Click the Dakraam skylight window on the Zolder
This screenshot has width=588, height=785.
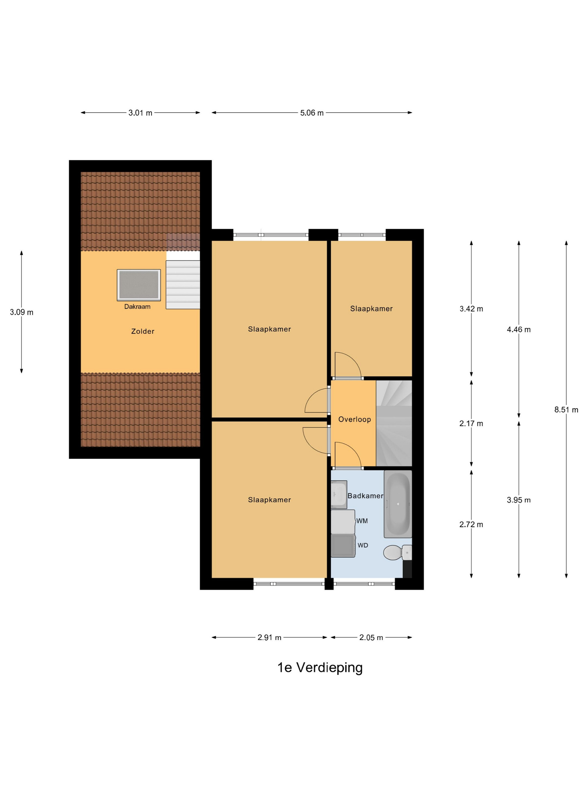point(139,285)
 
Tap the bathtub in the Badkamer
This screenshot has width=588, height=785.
point(398,504)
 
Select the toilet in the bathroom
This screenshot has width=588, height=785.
point(397,553)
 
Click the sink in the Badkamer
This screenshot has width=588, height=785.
point(339,494)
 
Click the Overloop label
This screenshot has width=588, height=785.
point(354,419)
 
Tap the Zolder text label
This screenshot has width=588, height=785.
point(143,331)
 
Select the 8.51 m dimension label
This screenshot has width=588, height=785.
point(566,410)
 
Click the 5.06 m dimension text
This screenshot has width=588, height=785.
point(312,113)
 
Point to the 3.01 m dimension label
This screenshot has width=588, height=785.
point(140,113)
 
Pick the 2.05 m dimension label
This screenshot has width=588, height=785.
point(371,637)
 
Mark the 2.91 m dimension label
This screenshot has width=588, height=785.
point(269,637)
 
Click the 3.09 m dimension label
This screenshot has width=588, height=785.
point(22,312)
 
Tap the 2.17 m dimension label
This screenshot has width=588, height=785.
point(471,423)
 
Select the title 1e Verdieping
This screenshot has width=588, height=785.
point(320,668)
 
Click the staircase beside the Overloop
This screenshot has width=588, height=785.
point(394,423)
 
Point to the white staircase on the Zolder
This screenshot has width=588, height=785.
point(183,285)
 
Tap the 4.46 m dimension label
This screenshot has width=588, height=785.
point(519,329)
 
